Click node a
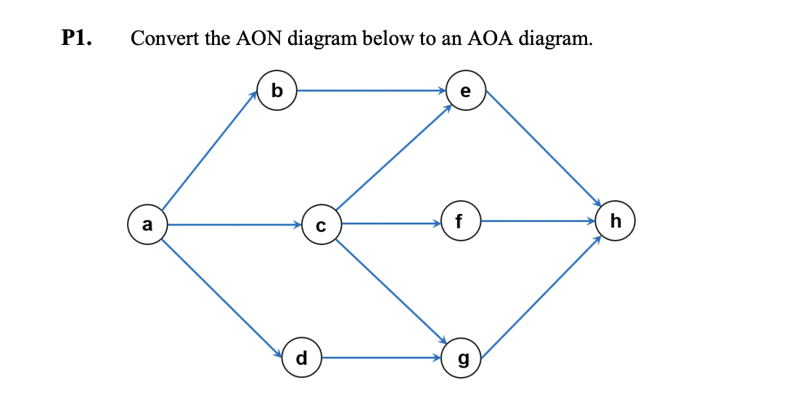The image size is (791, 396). point(147,225)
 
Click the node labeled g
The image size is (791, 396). point(460,358)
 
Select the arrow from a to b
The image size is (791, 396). point(209,154)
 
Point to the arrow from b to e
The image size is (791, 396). point(370,91)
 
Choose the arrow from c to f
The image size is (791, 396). point(390,223)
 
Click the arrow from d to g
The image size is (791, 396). point(381,358)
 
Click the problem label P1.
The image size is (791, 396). point(77,38)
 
